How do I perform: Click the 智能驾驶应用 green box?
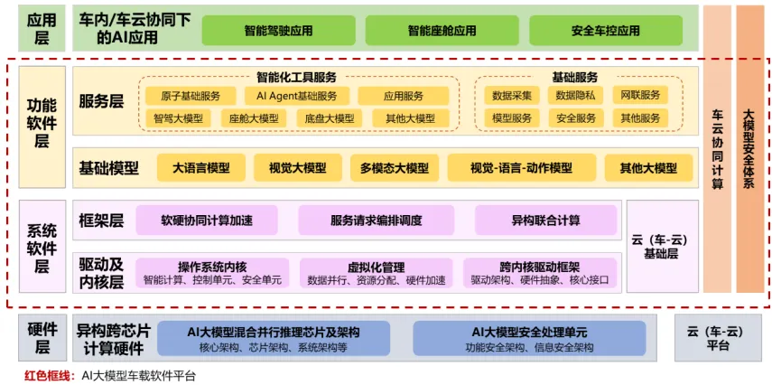(x=278, y=30)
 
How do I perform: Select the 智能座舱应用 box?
(x=442, y=30)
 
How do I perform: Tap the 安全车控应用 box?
(x=605, y=30)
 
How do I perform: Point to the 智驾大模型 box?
(x=178, y=118)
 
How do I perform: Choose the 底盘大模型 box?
(x=329, y=118)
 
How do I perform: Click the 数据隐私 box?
(x=576, y=96)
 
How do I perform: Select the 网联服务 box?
(x=640, y=96)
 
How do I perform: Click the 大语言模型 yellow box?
(x=201, y=168)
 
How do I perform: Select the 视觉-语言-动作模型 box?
(x=521, y=168)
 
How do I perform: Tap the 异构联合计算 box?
(x=546, y=220)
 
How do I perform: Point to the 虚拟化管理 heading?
(x=377, y=267)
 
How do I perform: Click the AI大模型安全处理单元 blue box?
(x=529, y=338)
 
